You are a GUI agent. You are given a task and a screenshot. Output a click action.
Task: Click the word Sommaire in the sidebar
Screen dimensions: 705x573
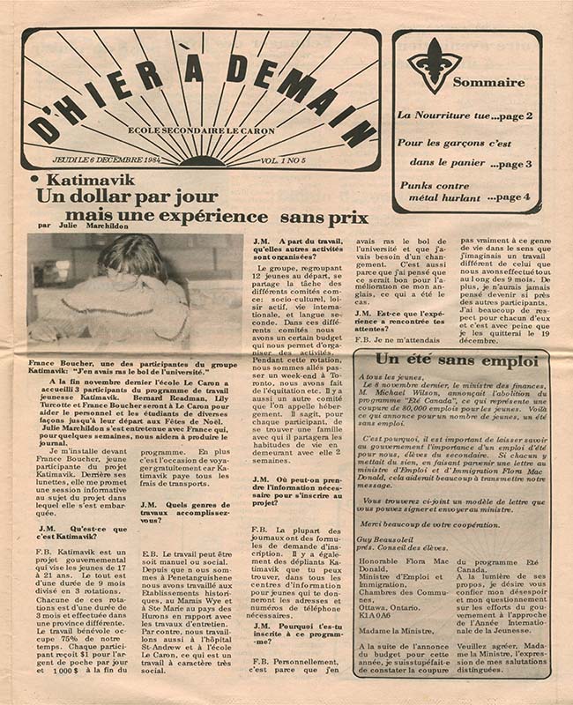tap(488, 82)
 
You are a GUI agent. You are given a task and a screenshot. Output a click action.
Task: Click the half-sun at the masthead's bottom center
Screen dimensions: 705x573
tap(206, 160)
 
